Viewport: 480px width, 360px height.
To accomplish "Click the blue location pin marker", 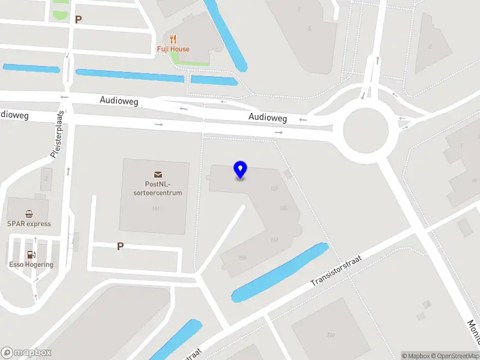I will tap(240, 170).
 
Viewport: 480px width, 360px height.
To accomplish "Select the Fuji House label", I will tap(173, 49).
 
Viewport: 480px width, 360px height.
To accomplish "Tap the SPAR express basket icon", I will tap(29, 214).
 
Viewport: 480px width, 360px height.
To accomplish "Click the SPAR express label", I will tap(29, 224).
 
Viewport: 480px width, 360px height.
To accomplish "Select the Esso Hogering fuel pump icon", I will tap(31, 254).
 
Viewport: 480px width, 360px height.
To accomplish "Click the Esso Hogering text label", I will tap(31, 265).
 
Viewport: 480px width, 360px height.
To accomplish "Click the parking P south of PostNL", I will tap(121, 247).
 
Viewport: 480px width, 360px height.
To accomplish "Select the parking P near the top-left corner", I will tap(78, 19).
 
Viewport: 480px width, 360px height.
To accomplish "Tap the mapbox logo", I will tap(26, 353).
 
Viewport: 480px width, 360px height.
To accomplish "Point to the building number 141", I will tap(155, 209).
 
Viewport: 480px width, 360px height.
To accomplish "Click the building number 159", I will tap(242, 258).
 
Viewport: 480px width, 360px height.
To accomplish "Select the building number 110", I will tap(330, 335).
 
